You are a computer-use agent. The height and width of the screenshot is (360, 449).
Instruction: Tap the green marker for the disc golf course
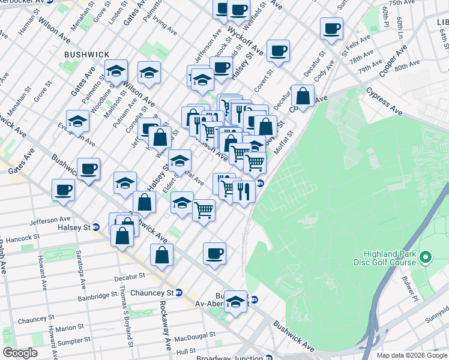tap(426, 258)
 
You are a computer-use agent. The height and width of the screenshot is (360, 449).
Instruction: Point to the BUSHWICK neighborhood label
tap(87, 54)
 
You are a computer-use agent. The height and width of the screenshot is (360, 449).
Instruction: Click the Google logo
tap(20, 353)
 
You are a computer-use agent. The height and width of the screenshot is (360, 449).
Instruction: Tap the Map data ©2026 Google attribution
tap(412, 355)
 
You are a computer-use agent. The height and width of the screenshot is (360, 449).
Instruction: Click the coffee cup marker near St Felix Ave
tap(331, 28)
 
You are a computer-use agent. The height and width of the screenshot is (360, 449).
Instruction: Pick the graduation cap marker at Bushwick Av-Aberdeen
tap(236, 300)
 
